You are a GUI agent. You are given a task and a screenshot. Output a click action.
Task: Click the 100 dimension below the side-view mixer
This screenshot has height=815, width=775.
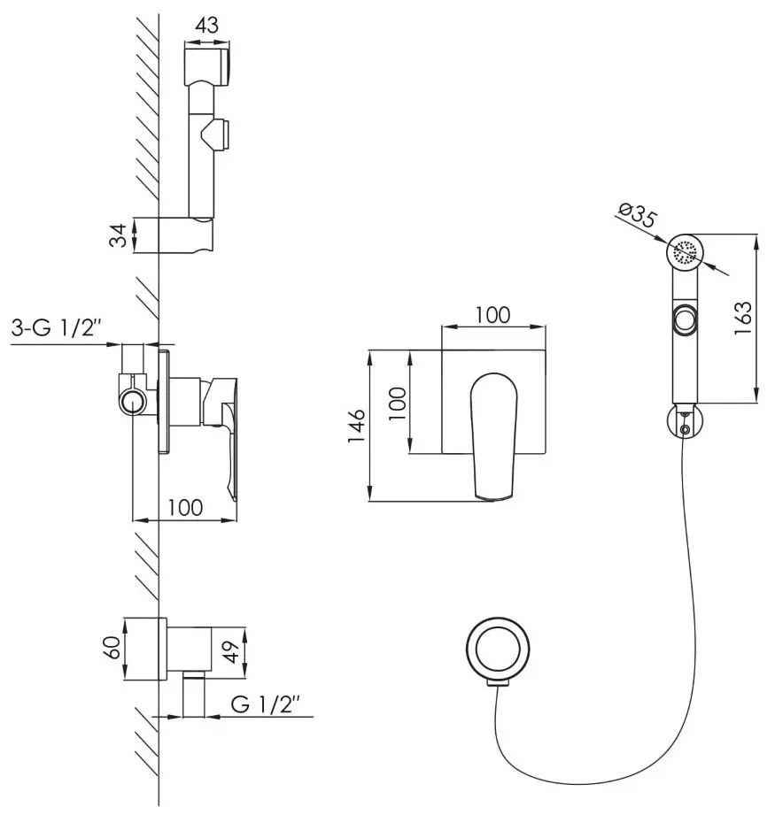184,507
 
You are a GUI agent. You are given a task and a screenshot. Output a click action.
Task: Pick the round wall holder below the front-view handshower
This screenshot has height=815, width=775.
683,423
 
